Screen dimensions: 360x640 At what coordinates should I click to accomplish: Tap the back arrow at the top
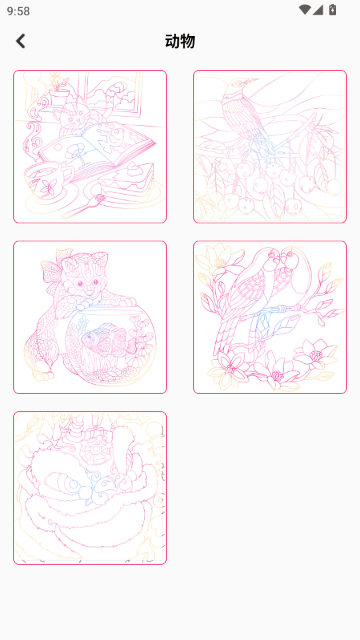(x=20, y=41)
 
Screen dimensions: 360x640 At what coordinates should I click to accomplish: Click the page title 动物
(x=180, y=41)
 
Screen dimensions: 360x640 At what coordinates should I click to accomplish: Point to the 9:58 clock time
(x=18, y=11)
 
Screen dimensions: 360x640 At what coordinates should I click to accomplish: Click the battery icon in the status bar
(x=333, y=10)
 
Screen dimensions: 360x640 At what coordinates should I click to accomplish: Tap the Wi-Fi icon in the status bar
(x=304, y=10)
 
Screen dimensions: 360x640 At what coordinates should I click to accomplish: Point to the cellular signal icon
(x=318, y=10)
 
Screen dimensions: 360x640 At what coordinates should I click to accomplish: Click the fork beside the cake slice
(x=84, y=207)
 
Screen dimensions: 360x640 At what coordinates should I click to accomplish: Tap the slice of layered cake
(x=128, y=184)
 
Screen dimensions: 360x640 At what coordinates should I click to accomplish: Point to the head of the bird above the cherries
(x=238, y=87)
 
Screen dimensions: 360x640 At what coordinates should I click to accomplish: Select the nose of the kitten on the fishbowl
(x=87, y=291)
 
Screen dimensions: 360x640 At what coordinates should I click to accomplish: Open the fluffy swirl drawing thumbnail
(x=90, y=488)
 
